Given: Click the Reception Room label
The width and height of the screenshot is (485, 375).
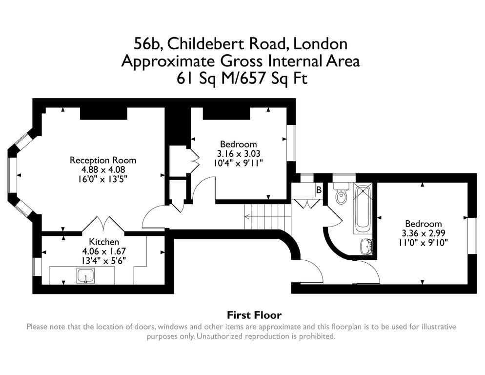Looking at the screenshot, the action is tap(103, 160).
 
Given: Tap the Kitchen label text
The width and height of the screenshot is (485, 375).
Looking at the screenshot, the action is tap(104, 242).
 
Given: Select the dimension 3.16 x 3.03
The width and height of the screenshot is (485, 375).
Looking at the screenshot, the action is tap(239, 154).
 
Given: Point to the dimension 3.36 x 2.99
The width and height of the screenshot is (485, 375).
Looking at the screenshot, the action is tap(424, 233).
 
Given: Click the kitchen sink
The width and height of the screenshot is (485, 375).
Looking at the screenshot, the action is tap(85, 276).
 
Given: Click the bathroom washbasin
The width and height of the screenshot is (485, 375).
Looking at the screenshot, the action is tap(366, 246).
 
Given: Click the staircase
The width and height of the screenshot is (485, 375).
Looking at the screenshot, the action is tap(268, 217).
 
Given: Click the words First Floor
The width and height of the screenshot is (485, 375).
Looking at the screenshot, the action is tap(254, 315).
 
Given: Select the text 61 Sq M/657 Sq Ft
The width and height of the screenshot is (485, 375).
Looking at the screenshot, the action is tap(242, 78).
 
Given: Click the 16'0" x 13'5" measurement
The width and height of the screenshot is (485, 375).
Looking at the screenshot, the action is tap(103, 179).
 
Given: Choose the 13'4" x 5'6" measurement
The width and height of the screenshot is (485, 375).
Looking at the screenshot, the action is tap(103, 261).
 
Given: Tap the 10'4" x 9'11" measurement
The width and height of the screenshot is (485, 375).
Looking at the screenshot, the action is tap(239, 163).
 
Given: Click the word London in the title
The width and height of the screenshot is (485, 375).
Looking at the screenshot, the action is tap(320, 43).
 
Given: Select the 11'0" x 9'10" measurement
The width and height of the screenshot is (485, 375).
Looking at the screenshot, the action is tap(424, 242).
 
